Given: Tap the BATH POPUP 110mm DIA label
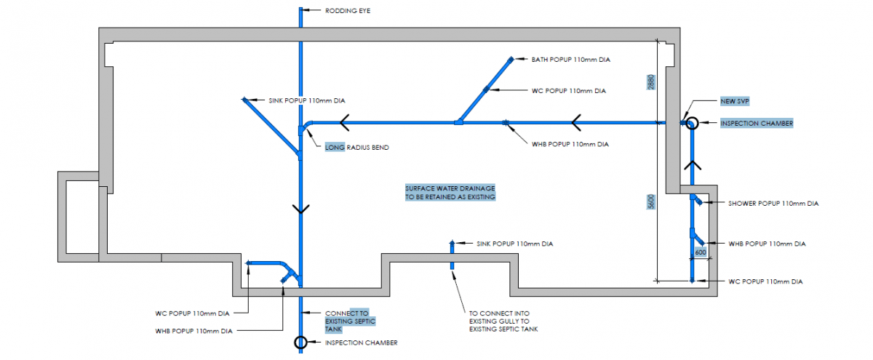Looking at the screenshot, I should [570, 59].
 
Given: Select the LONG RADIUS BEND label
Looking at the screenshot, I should [356, 148].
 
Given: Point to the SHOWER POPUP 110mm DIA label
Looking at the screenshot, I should [773, 204].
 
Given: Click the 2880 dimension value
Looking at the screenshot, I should [652, 81].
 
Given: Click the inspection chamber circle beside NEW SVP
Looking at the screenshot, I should [691, 124].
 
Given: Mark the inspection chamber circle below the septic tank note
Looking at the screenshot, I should [300, 342].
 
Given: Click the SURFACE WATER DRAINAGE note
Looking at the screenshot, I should [450, 193].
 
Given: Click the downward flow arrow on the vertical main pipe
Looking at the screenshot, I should [300, 209].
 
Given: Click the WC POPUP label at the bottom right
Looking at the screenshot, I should [767, 281].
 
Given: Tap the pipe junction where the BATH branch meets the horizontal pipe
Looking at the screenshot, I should [458, 123].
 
